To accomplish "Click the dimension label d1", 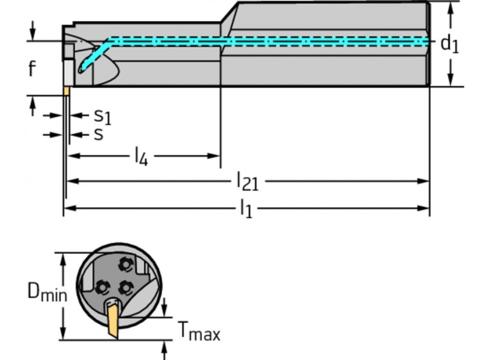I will [x=449, y=44].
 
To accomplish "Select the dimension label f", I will [x=32, y=69].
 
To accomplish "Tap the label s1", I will [x=102, y=116].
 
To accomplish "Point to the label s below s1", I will [x=99, y=134].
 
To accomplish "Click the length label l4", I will [x=141, y=157].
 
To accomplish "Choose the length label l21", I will [x=247, y=181].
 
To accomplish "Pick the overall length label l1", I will [x=245, y=209].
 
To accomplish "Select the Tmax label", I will [x=198, y=332].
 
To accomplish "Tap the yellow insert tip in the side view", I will [x=66, y=91].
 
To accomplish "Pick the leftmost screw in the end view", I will [x=103, y=287].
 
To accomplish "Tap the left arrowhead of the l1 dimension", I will [x=68, y=208].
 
